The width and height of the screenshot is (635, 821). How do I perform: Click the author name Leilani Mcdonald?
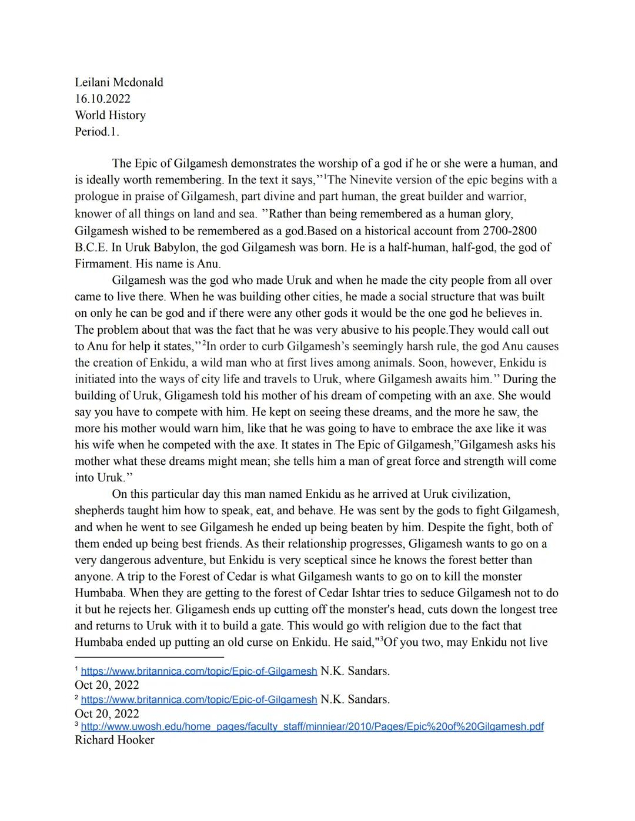pyautogui.click(x=119, y=82)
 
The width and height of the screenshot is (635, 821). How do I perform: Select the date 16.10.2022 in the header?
pyautogui.click(x=102, y=99)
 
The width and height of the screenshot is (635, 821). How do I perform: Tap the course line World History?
pyautogui.click(x=110, y=115)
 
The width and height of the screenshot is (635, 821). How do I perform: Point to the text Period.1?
pyautogui.click(x=96, y=132)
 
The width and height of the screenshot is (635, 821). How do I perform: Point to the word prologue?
pyautogui.click(x=97, y=196)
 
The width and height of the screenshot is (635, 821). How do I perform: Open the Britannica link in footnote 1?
pyautogui.click(x=199, y=671)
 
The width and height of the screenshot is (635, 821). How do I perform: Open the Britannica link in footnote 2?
pyautogui.click(x=199, y=700)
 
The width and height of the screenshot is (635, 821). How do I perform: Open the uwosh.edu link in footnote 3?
pyautogui.click(x=312, y=727)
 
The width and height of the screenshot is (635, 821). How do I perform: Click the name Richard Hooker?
pyautogui.click(x=114, y=740)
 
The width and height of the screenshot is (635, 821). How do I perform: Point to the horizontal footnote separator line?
pyautogui.click(x=149, y=657)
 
